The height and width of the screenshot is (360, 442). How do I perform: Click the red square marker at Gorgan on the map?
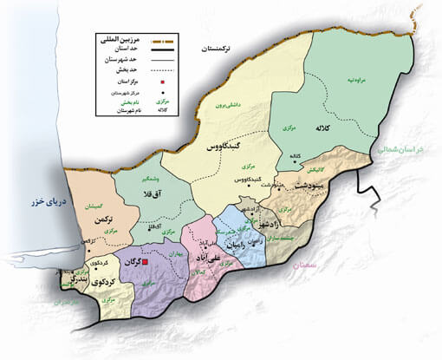(x=146, y=261)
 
